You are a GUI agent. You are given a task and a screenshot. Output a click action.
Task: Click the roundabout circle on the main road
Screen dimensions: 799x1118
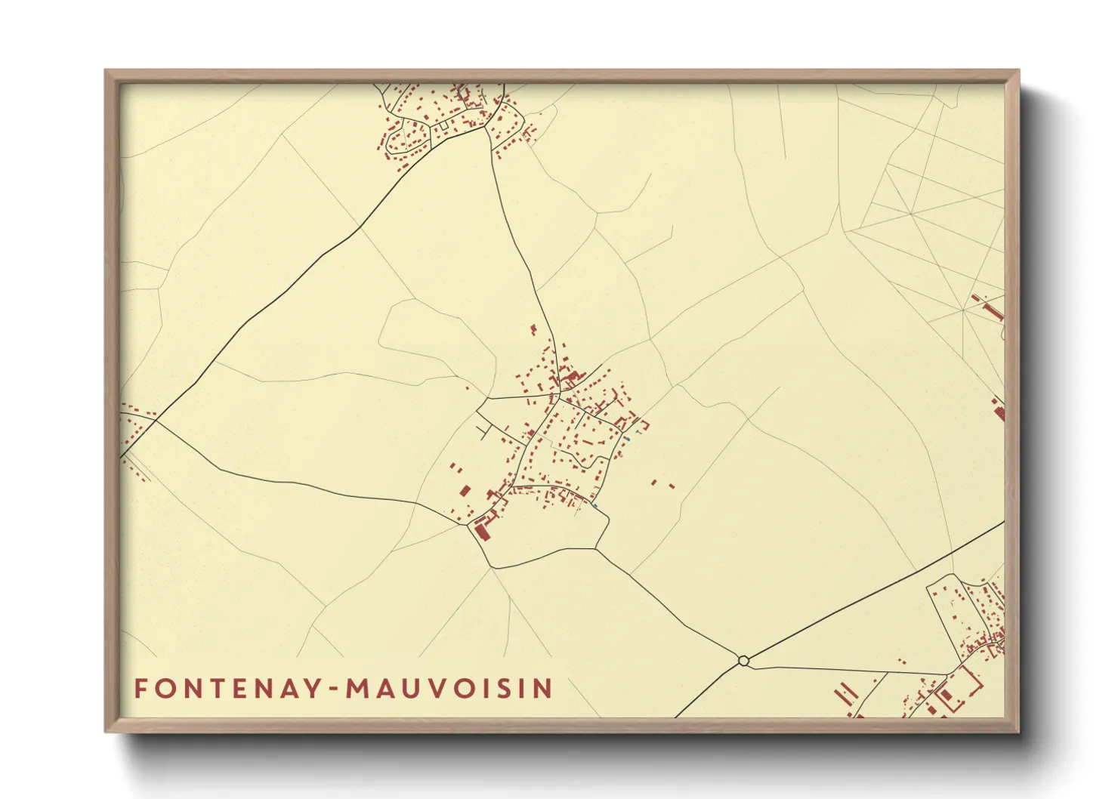point(743,661)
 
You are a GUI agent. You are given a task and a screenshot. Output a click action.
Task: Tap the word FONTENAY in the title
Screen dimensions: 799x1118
point(227,689)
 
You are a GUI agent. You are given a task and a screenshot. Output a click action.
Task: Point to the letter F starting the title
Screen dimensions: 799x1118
point(141,689)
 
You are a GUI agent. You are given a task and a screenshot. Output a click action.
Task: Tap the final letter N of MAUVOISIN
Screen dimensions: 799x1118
point(544,689)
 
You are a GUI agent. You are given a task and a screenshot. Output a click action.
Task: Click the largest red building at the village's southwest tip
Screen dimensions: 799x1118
point(481,532)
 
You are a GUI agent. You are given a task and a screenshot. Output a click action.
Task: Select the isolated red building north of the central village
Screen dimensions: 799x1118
point(533,329)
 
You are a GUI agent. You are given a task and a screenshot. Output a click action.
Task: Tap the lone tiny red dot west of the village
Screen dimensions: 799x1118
point(467,388)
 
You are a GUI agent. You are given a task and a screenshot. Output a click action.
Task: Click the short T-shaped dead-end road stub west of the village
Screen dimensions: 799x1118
point(483,431)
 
